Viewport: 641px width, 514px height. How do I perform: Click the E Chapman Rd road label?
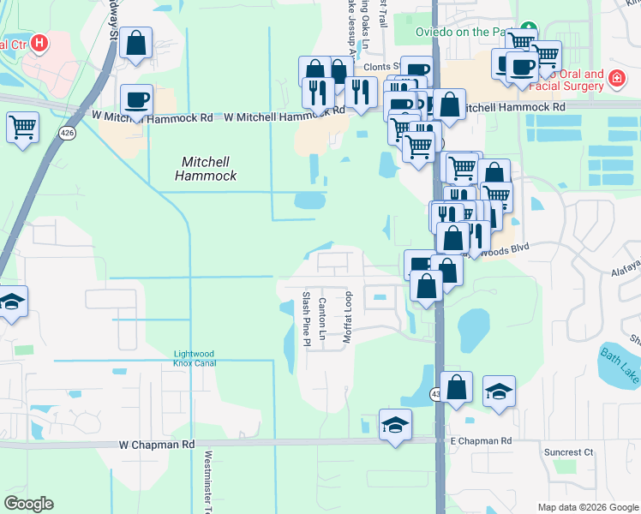[481, 440]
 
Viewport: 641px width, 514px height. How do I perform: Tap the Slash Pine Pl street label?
[306, 318]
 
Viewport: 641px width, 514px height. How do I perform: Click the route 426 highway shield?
[66, 133]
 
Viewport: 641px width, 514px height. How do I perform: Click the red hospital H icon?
[39, 43]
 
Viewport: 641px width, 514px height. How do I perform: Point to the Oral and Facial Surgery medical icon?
[614, 79]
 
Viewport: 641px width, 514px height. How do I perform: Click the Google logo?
[28, 504]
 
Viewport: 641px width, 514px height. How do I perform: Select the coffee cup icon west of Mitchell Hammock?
[137, 99]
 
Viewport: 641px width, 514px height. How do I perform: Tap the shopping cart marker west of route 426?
[22, 128]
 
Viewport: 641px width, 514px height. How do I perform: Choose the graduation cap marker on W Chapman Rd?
[395, 425]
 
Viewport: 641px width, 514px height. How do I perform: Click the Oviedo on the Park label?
[463, 33]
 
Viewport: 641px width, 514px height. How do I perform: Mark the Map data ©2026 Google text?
[587, 507]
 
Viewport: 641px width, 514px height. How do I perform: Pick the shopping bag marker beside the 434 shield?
[457, 386]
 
